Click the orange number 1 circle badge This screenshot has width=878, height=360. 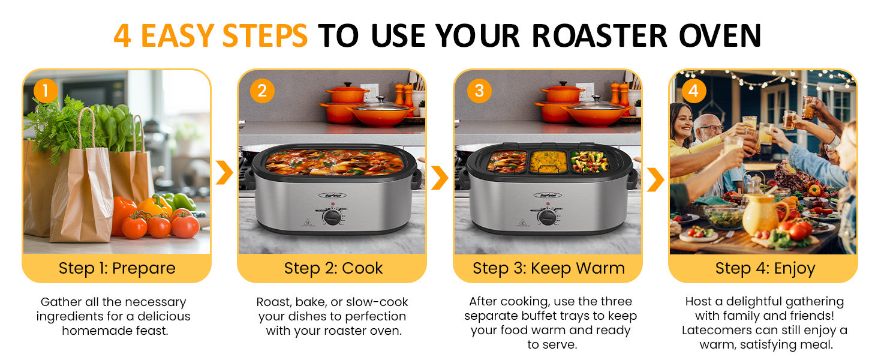point(46,91)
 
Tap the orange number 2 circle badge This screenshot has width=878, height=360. point(262,91)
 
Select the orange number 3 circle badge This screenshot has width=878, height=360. point(479,91)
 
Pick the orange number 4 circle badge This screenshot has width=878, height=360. point(694,91)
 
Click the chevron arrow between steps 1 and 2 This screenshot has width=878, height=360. point(224,172)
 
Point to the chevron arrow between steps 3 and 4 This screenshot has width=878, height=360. point(656,179)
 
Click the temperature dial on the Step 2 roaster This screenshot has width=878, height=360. point(332,217)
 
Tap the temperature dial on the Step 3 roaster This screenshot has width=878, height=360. point(547,217)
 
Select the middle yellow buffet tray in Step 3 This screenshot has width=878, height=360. point(548,161)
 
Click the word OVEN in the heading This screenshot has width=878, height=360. point(720,35)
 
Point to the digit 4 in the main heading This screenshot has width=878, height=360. point(122,35)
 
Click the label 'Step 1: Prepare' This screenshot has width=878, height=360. point(117,268)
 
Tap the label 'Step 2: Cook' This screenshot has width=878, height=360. point(333,268)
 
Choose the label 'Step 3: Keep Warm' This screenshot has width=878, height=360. point(548,269)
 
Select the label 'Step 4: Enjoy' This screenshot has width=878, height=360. point(765,269)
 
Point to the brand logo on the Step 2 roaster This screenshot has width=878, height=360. point(332,195)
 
